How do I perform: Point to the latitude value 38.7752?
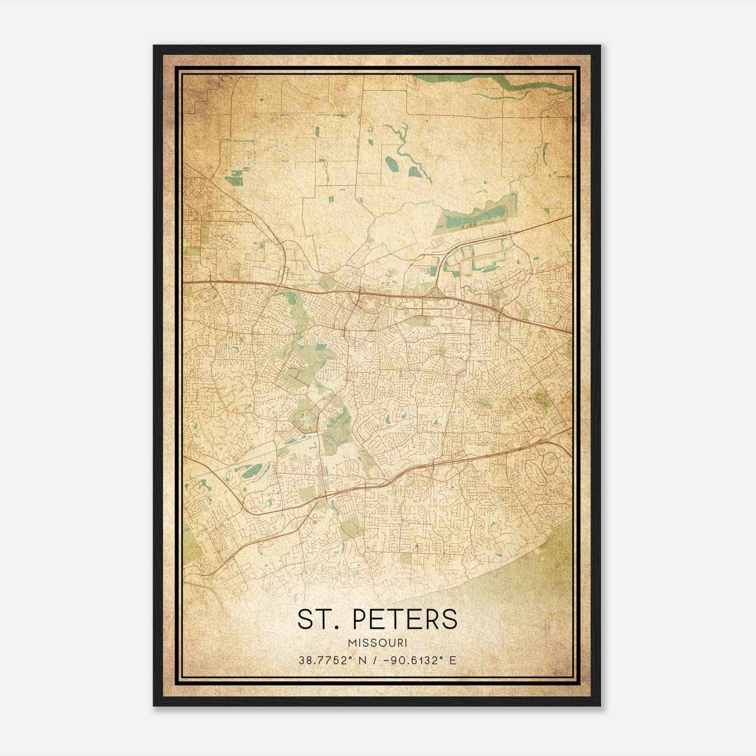325,660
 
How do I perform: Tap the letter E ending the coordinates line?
453,660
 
